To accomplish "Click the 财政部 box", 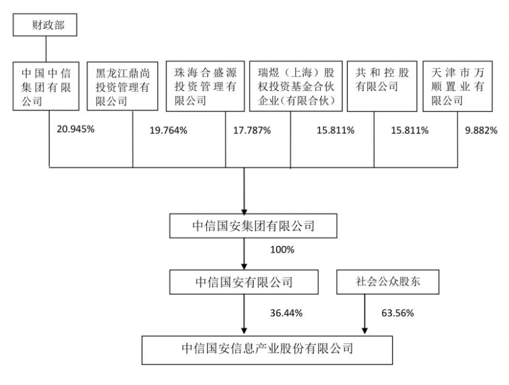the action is (45, 25).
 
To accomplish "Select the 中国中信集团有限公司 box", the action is (46, 86).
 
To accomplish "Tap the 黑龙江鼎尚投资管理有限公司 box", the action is (122, 86).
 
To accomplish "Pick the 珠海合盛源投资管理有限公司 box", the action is (205, 86).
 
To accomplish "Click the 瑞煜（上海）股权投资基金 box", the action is (296, 86).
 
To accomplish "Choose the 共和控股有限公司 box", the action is (382, 86).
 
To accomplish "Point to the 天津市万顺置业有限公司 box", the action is (458, 86).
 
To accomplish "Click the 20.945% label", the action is (76, 129).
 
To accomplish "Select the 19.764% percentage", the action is (168, 130).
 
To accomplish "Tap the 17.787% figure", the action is (252, 130).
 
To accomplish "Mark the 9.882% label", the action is (481, 130).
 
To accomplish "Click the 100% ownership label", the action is (282, 250).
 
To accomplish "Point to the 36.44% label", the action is (286, 313).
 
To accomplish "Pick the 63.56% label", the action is (398, 313).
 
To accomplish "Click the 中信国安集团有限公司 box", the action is (253, 226).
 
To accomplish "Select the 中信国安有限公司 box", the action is (244, 282).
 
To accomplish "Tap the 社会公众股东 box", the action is (388, 282).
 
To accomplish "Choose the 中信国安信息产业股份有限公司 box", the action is (267, 350).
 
